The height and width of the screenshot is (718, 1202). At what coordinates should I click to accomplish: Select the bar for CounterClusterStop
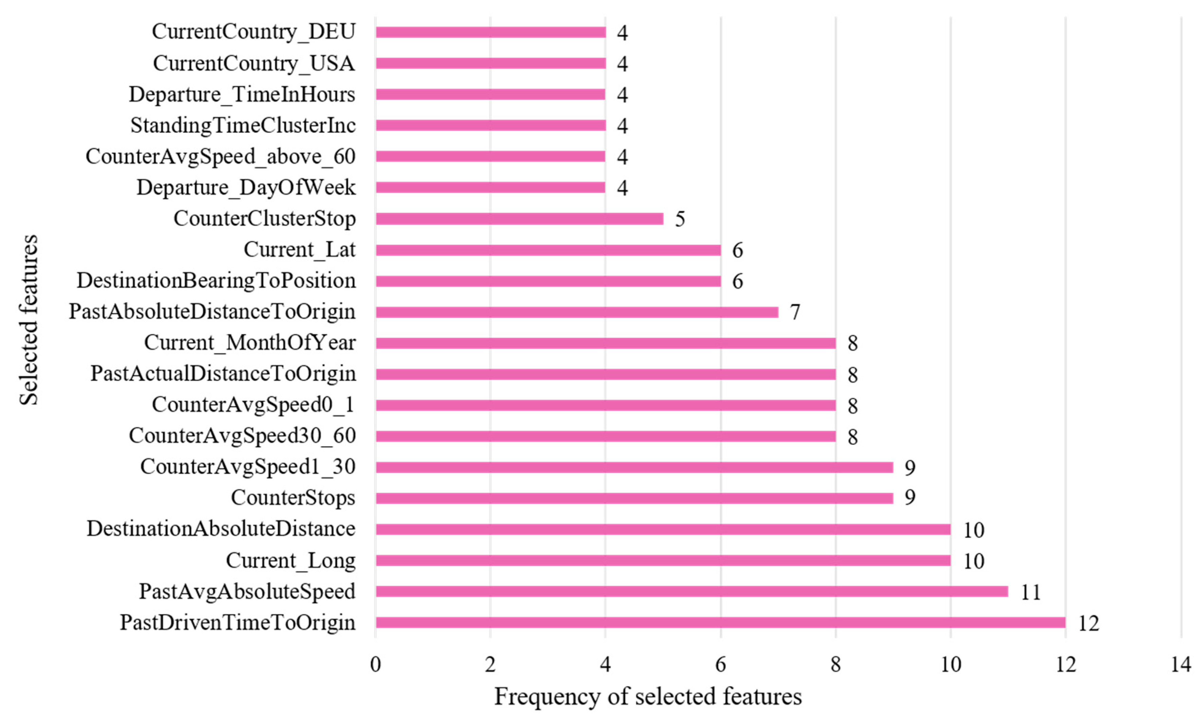519,219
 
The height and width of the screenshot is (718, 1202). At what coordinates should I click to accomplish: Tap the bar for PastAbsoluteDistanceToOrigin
577,312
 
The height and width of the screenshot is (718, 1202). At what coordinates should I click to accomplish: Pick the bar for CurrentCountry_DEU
490,32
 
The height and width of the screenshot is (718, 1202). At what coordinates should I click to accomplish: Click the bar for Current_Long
663,560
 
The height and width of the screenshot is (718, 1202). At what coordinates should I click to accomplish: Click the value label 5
680,219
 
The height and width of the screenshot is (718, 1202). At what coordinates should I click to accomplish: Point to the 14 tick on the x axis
1181,665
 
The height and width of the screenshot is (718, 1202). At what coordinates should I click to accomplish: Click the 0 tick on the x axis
376,665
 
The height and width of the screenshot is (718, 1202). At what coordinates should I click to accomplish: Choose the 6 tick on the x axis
720,665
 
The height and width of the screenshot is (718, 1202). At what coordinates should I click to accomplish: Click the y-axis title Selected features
29,320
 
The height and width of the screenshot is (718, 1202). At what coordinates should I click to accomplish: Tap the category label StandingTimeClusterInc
243,125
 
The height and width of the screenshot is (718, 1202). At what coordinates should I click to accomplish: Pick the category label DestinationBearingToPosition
216,281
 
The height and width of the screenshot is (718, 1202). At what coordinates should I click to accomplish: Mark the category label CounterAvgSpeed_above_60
220,156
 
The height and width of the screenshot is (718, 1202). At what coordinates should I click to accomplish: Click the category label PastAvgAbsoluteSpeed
247,591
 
